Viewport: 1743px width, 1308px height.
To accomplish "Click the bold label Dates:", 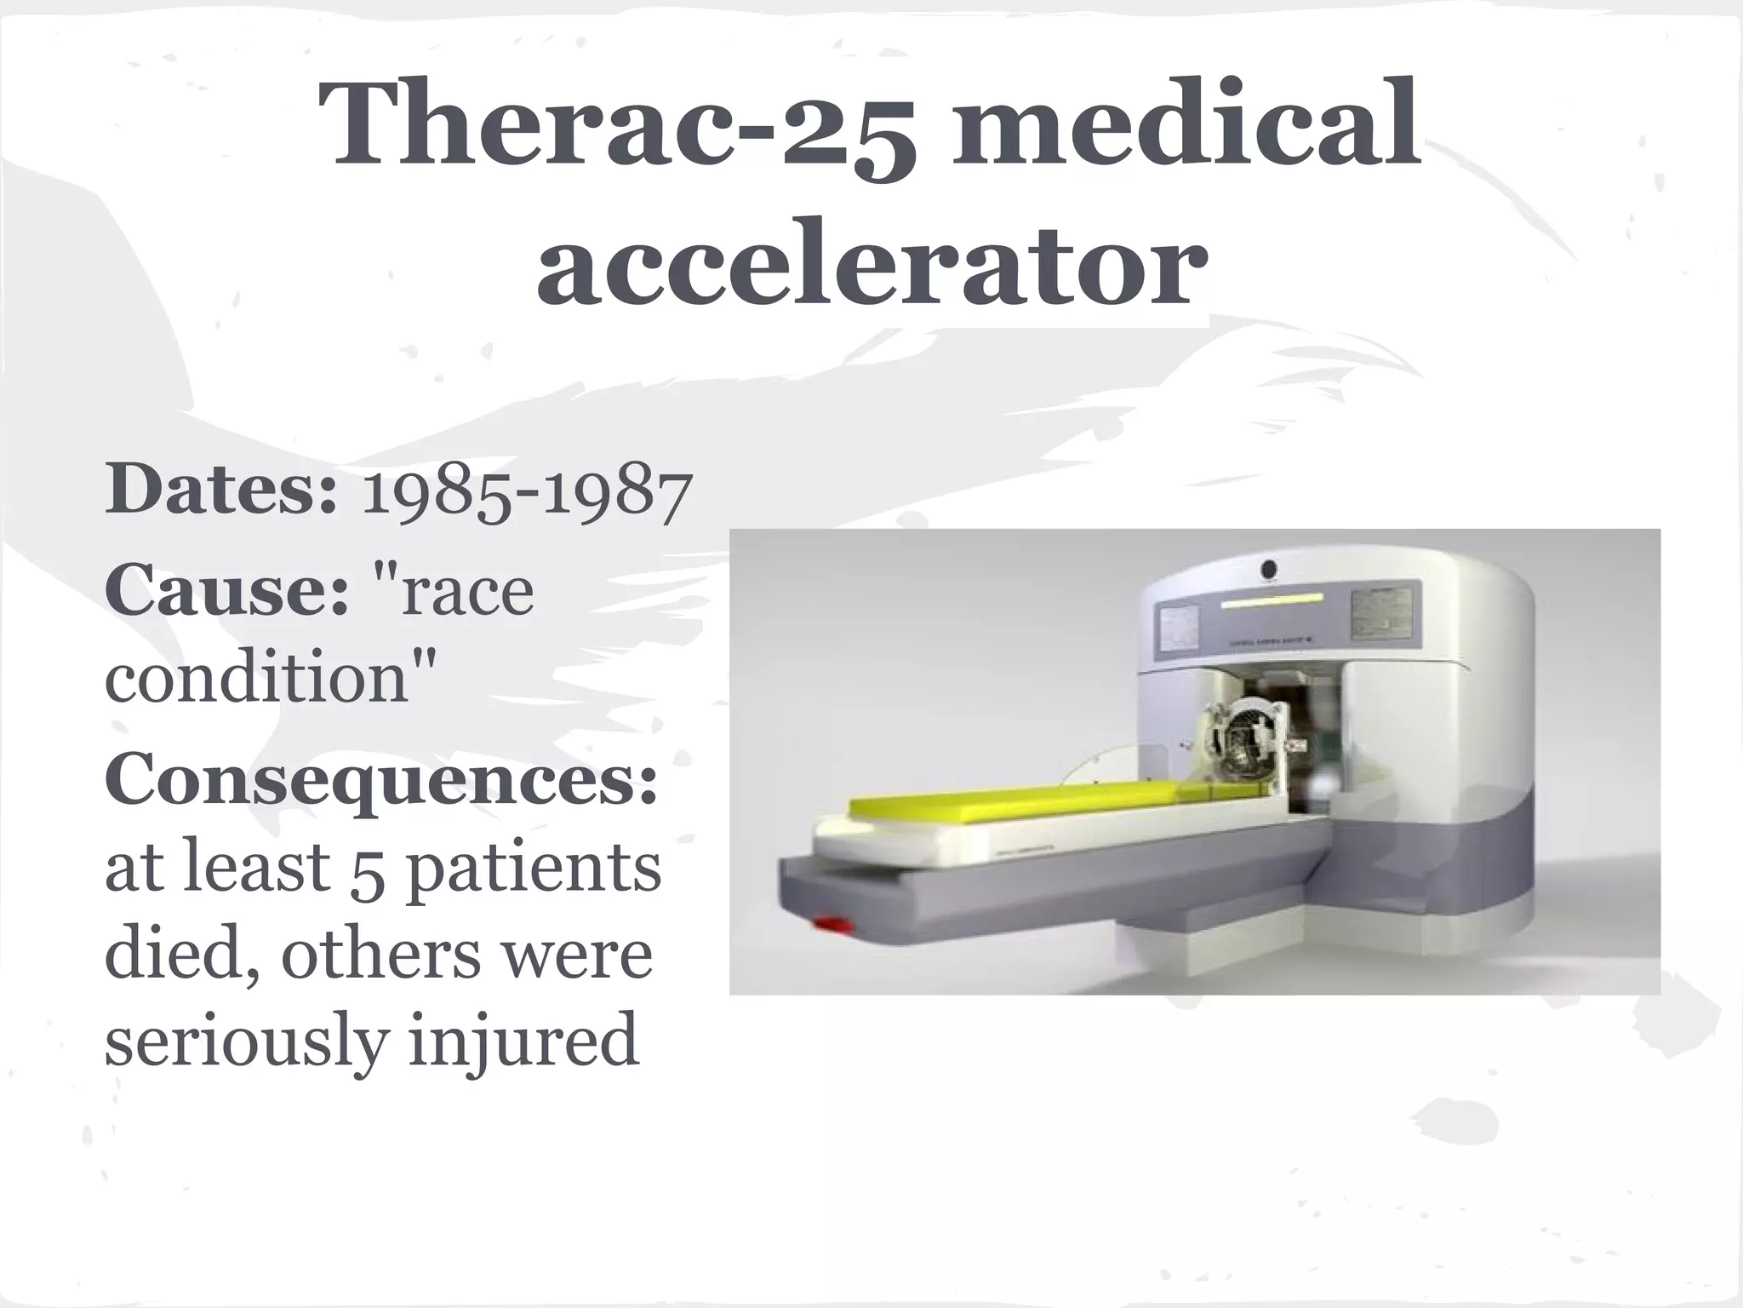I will (x=221, y=490).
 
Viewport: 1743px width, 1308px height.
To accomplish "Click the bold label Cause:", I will (x=226, y=590).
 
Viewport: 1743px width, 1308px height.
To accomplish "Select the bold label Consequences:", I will (x=381, y=779).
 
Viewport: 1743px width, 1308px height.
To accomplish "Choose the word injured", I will (x=522, y=1041).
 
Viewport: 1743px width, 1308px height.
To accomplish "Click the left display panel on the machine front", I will (x=1180, y=631).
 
